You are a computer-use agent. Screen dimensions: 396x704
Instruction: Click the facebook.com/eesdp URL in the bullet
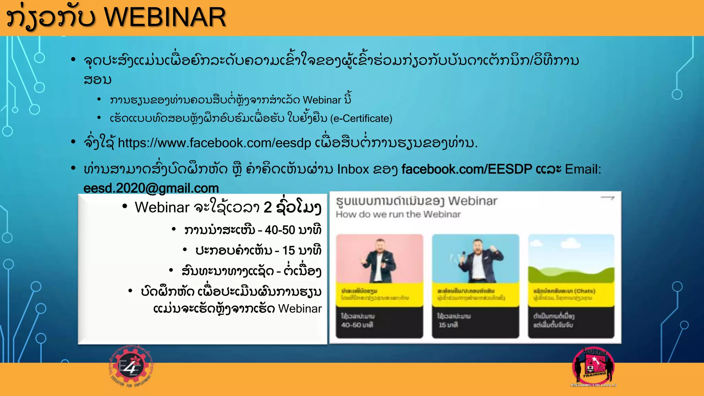(x=214, y=143)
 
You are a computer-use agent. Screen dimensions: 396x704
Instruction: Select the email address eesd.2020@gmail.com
(x=151, y=188)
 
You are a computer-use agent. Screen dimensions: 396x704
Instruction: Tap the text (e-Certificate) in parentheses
(x=361, y=119)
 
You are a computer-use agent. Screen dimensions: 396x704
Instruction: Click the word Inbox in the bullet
(x=353, y=169)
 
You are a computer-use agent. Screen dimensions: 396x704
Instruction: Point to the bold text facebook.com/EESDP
(x=466, y=169)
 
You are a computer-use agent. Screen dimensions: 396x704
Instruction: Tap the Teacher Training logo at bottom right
(x=593, y=367)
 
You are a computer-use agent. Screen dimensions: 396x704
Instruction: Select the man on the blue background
(x=476, y=260)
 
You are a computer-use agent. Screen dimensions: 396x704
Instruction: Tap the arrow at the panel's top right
(x=607, y=198)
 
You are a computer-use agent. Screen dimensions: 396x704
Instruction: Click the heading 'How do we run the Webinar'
(x=398, y=214)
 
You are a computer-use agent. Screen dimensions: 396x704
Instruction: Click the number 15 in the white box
(x=288, y=251)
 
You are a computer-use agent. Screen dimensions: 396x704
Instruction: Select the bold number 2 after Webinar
(x=268, y=207)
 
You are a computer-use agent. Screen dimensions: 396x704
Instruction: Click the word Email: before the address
(x=583, y=169)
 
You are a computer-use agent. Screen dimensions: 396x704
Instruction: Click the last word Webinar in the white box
(x=300, y=309)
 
